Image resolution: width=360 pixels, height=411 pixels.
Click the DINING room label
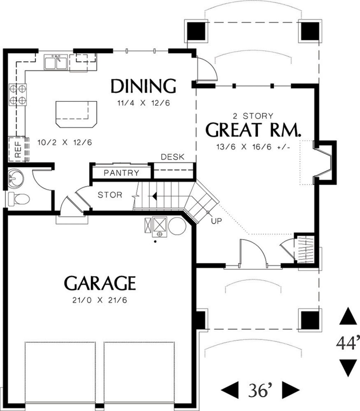pyautogui.click(x=143, y=86)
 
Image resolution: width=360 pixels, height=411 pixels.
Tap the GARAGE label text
pyautogui.click(x=100, y=283)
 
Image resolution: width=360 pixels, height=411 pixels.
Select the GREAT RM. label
pyautogui.click(x=253, y=130)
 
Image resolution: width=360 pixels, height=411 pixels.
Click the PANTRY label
pyautogui.click(x=122, y=173)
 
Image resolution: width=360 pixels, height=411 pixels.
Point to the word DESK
pyautogui.click(x=172, y=157)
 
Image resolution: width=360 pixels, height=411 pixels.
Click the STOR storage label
pyautogui.click(x=110, y=195)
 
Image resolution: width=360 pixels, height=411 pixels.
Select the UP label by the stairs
pyautogui.click(x=216, y=222)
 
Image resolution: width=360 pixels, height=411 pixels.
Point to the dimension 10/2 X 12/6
pyautogui.click(x=64, y=143)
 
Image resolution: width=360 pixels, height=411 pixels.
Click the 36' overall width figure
pyautogui.click(x=260, y=389)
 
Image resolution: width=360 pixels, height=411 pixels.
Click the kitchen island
pyautogui.click(x=76, y=114)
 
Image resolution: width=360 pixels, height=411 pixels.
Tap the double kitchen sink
pyautogui.click(x=56, y=63)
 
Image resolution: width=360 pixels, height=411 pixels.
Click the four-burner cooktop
pyautogui.click(x=18, y=94)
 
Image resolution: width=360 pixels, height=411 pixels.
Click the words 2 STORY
pyautogui.click(x=253, y=116)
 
